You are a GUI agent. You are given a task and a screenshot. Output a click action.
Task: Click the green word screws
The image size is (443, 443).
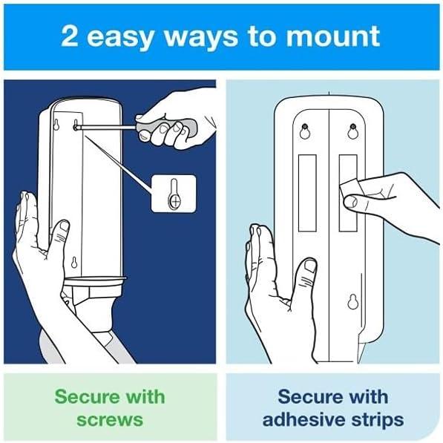(109, 419)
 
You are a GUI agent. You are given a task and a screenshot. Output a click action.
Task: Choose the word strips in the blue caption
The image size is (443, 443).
(376, 419)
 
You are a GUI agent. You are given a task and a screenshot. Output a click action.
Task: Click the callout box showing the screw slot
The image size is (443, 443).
(174, 193)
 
